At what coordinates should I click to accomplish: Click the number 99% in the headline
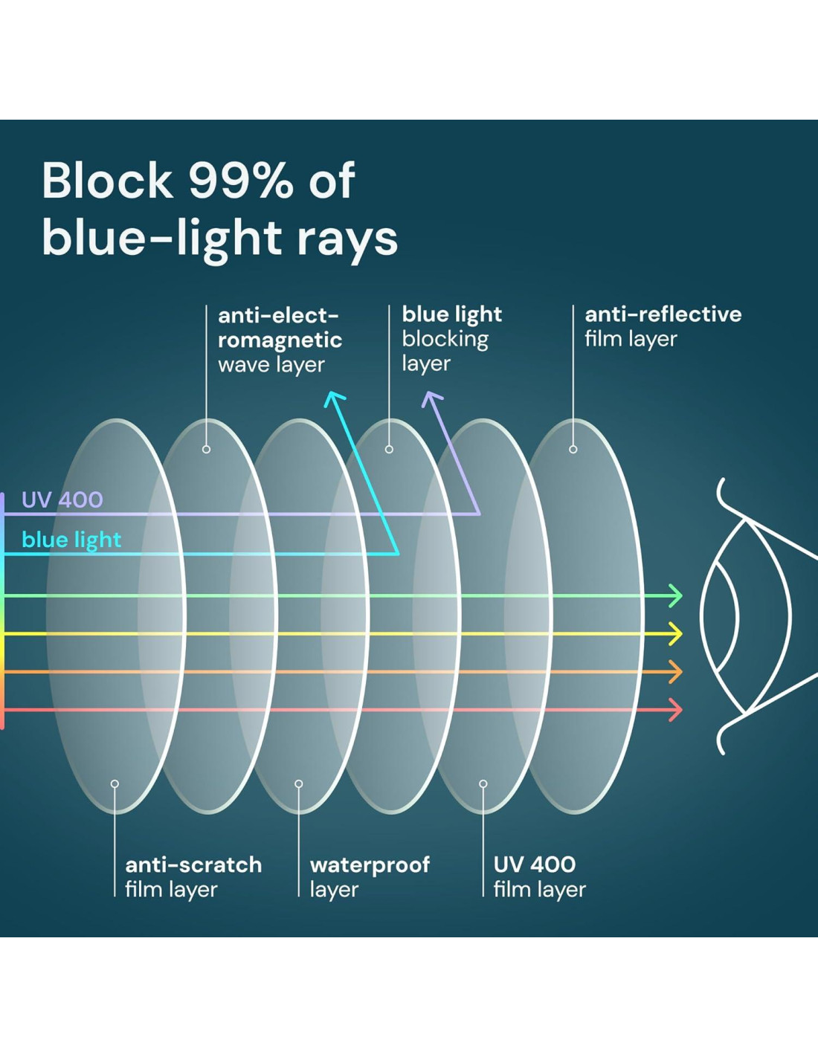tap(242, 181)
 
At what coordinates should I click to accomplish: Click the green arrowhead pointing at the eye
tap(675, 596)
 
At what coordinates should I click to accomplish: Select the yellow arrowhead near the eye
tap(675, 634)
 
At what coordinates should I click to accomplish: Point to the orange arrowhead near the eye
tap(675, 672)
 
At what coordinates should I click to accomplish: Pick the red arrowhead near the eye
tap(675, 710)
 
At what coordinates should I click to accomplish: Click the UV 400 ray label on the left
tap(62, 500)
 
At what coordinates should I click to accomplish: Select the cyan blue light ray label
tap(71, 540)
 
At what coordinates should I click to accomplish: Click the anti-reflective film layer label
tap(663, 327)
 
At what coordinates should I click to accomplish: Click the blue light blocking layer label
tap(451, 339)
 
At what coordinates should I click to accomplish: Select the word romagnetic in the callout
tap(280, 340)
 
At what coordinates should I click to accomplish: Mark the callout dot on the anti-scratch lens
tap(115, 783)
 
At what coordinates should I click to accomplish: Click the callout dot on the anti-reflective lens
tap(573, 449)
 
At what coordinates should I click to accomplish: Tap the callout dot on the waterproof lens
tap(299, 783)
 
